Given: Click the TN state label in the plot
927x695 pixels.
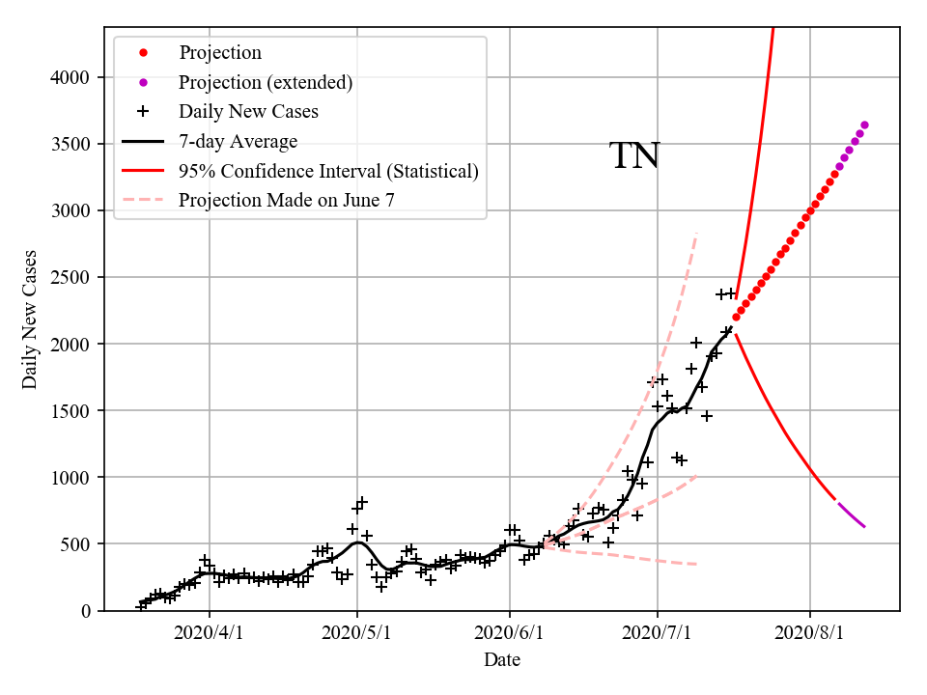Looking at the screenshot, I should (634, 156).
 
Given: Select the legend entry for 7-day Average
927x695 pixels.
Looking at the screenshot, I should (238, 141).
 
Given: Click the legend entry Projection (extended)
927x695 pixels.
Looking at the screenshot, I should (266, 82).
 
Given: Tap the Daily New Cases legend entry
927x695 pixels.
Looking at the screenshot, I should (248, 111).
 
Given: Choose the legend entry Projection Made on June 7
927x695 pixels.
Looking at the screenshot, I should (286, 200).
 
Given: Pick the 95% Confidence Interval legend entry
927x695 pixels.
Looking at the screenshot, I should (328, 171).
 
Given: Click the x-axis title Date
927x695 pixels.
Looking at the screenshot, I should (501, 660).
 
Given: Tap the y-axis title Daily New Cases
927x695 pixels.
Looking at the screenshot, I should (30, 320).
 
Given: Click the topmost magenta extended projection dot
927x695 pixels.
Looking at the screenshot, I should (864, 125).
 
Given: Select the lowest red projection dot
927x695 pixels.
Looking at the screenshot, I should (736, 317).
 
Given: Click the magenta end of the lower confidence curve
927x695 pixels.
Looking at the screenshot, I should (864, 526).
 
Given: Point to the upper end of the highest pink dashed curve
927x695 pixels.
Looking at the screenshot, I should (696, 233).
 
